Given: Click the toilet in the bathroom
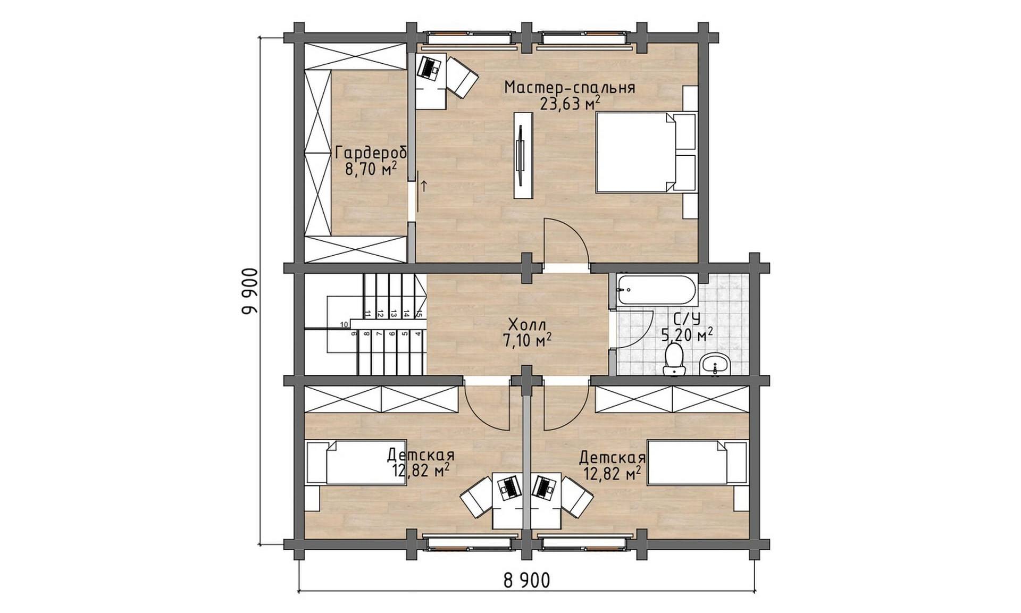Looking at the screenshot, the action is pos(674,359).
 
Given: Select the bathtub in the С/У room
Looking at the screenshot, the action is pos(656,291).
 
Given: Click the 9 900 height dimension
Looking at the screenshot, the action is pos(249,291).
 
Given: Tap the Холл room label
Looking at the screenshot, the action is pos(526,324).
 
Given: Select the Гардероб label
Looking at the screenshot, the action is pos(371,153).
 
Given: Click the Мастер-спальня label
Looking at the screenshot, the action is pos(570,87).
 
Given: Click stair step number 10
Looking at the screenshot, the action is pos(344,324).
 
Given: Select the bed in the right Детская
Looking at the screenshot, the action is pos(697,463).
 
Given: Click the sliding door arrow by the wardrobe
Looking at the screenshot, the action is pos(424,186).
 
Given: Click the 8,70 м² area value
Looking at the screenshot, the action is pos(371,169).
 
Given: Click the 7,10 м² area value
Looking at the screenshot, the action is pos(526,340).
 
